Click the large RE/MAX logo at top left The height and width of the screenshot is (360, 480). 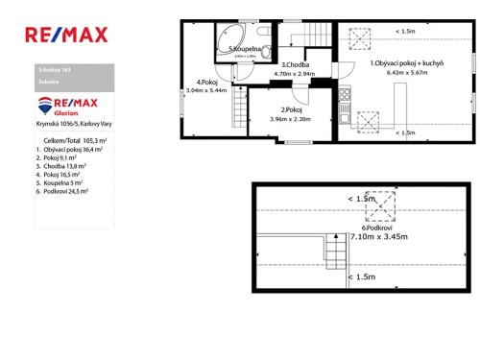65,36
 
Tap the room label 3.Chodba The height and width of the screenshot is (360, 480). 294,64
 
